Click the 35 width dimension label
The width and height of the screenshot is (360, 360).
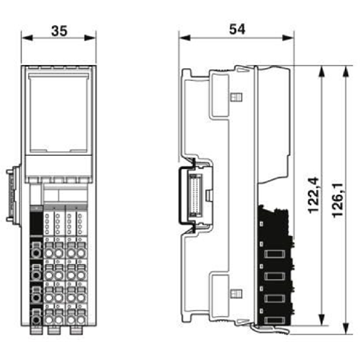click(59, 31)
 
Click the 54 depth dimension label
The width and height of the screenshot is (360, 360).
click(237, 29)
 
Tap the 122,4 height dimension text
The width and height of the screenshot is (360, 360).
click(314, 195)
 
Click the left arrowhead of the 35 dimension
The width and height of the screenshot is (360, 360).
click(27, 38)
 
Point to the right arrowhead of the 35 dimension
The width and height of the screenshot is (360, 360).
click(90, 38)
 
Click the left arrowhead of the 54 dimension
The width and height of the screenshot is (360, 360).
click(185, 38)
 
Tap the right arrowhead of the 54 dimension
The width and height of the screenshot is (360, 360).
click(288, 38)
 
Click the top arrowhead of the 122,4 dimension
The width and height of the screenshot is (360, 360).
click(322, 71)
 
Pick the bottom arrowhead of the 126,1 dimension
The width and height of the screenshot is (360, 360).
click(346, 328)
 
